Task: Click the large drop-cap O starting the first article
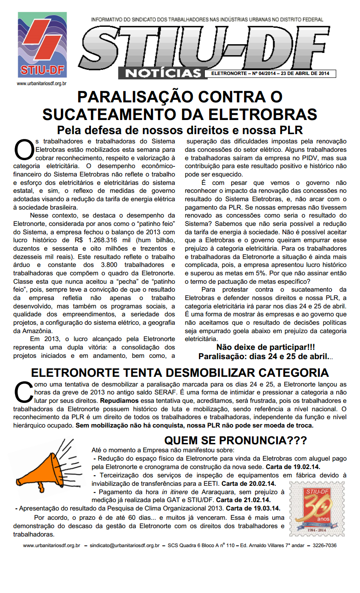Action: [23, 150]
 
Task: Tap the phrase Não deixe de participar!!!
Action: [265, 348]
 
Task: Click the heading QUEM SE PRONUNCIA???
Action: [236, 440]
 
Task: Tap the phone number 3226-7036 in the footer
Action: [325, 545]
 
